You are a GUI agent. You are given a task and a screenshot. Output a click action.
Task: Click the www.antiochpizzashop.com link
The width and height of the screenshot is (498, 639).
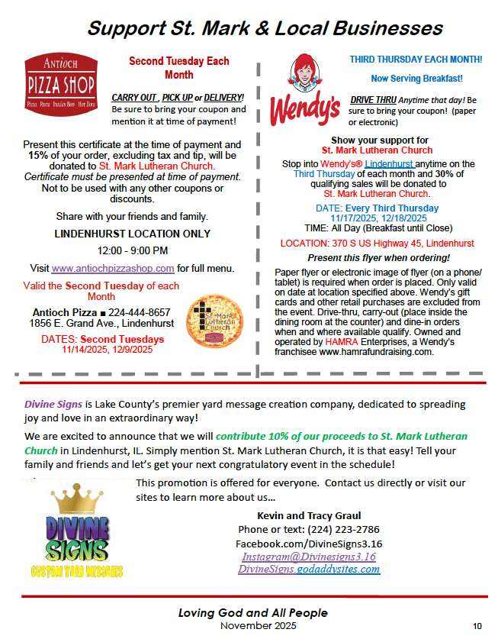click(113, 268)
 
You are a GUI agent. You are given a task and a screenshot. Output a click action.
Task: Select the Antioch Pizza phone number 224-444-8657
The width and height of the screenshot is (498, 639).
click(140, 311)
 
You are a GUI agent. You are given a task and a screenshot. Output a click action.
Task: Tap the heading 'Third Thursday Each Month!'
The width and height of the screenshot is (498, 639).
click(416, 59)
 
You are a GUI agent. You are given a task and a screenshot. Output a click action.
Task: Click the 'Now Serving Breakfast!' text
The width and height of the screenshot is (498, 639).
click(416, 78)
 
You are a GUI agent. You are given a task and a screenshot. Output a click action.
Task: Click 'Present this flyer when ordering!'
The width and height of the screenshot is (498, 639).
click(378, 257)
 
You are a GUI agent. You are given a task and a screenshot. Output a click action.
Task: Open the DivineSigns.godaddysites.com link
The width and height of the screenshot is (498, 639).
click(309, 569)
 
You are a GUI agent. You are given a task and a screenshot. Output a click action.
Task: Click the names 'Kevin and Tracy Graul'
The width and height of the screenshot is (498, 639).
click(309, 515)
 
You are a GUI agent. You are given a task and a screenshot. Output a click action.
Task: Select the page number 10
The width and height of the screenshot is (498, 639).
click(477, 626)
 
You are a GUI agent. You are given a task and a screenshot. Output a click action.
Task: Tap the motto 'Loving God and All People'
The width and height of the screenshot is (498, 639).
click(253, 613)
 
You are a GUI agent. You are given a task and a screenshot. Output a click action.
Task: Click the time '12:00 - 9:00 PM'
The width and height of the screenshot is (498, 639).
click(132, 250)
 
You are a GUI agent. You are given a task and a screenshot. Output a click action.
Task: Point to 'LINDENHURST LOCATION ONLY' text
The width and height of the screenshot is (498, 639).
click(132, 234)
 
